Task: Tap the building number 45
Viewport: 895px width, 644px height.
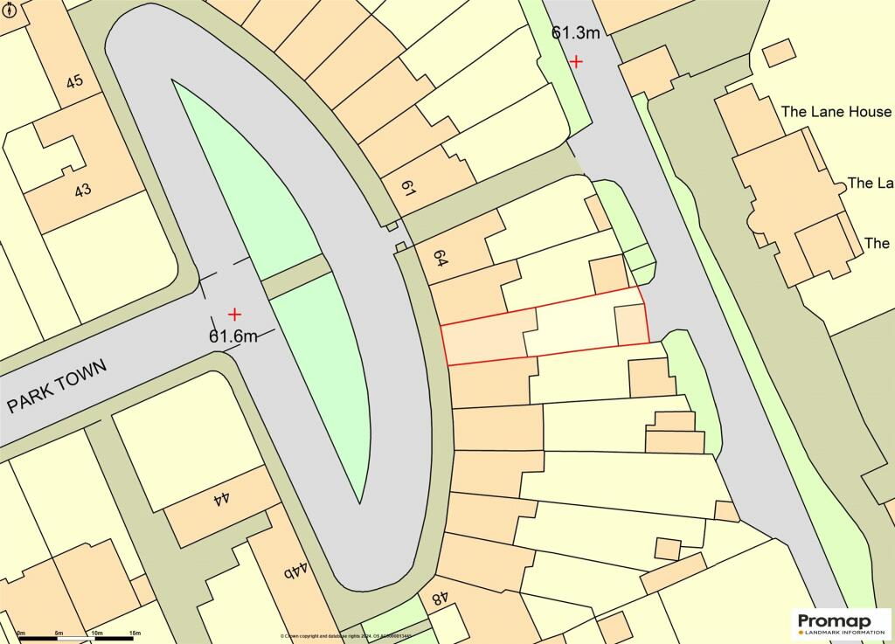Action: pos(74,81)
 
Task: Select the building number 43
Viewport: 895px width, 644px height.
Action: pos(83,189)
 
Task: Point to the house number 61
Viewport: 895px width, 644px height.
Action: pos(407,186)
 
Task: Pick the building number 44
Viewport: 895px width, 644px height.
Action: pos(221,499)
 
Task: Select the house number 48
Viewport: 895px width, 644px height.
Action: pos(439,599)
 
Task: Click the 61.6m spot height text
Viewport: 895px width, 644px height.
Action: pos(232,336)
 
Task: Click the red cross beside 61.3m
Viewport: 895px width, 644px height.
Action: pos(576,61)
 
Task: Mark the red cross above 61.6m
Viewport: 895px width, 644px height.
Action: pos(234,314)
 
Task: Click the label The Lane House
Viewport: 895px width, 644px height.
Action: pos(836,112)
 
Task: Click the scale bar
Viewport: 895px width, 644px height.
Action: pos(78,639)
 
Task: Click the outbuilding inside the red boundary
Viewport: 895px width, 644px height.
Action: pos(630,326)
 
